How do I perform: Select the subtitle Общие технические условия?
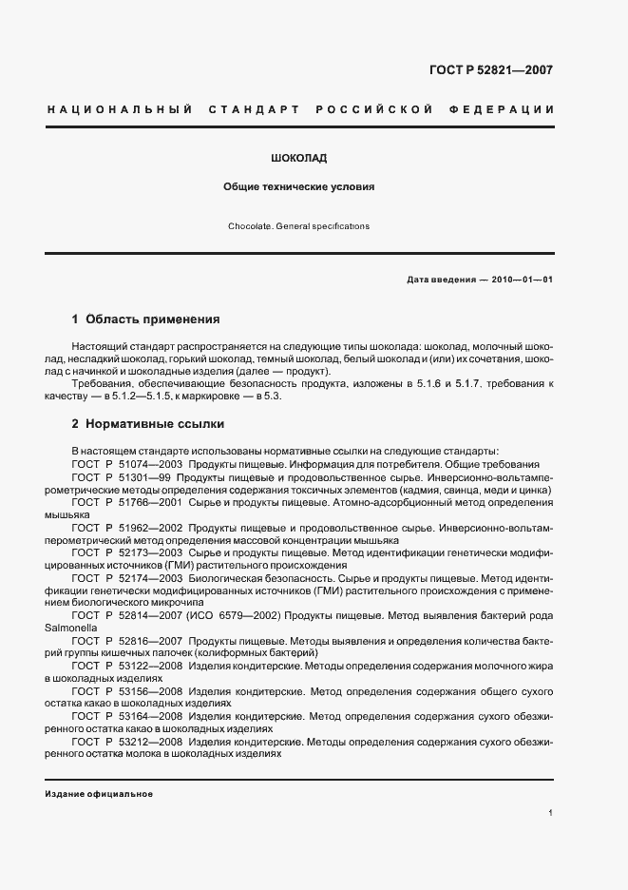pos(299,187)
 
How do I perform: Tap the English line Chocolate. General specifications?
pos(299,227)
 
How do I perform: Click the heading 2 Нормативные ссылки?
pos(147,424)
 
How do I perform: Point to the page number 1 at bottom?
pos(551,813)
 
